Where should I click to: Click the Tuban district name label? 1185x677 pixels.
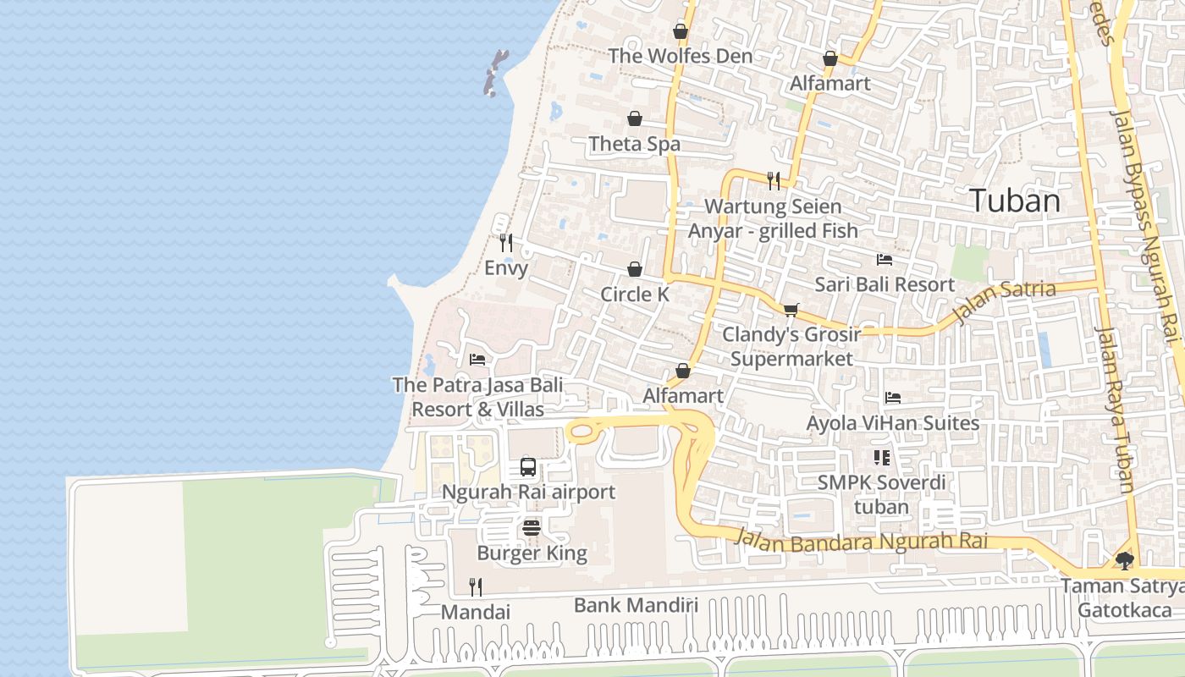click(x=1014, y=201)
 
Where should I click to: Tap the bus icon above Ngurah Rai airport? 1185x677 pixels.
click(x=527, y=466)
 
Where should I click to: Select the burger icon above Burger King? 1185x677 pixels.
click(x=532, y=528)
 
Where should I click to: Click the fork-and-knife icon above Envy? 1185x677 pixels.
click(x=506, y=243)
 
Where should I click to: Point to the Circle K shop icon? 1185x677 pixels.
click(x=635, y=269)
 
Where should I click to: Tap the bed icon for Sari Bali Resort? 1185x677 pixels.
click(x=885, y=260)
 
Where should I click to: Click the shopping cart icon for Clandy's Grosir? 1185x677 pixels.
click(x=791, y=310)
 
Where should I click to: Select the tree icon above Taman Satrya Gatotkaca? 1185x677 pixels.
click(x=1124, y=560)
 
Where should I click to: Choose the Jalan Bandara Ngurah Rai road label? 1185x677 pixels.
click(x=873, y=542)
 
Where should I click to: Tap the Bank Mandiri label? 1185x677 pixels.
click(x=636, y=605)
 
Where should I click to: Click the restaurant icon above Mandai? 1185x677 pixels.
click(x=476, y=586)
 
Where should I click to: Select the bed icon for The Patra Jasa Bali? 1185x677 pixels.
click(x=477, y=360)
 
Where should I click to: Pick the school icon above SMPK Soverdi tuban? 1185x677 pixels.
click(x=881, y=458)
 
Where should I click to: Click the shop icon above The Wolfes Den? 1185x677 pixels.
click(x=681, y=32)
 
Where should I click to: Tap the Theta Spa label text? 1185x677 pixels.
click(x=634, y=144)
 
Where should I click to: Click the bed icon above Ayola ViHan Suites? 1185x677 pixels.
click(x=892, y=398)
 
